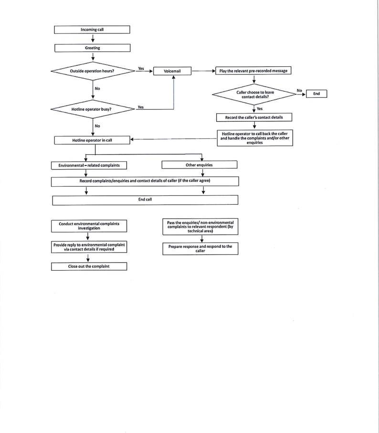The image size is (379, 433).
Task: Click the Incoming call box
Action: pyautogui.click(x=92, y=30)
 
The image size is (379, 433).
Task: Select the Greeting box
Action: pyautogui.click(x=92, y=48)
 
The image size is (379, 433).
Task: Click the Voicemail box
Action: pyautogui.click(x=172, y=71)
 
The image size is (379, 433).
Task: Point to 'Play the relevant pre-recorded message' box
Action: pyautogui.click(x=253, y=71)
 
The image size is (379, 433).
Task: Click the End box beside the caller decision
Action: pyautogui.click(x=316, y=94)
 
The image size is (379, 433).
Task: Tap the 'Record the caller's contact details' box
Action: pyautogui.click(x=253, y=117)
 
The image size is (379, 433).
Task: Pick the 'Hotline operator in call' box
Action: pyautogui.click(x=92, y=140)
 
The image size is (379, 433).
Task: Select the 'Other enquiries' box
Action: pyautogui.click(x=199, y=165)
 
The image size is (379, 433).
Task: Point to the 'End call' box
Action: pyautogui.click(x=145, y=200)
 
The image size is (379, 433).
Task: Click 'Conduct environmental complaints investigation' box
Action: pyautogui.click(x=89, y=226)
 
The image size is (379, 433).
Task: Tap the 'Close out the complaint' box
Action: pyautogui.click(x=89, y=266)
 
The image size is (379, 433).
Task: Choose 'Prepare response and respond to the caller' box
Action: pyautogui.click(x=200, y=248)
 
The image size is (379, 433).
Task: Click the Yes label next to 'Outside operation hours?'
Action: pyautogui.click(x=141, y=69)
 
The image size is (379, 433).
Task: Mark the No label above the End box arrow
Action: pyautogui.click(x=299, y=90)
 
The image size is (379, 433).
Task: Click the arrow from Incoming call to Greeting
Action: pyautogui.click(x=92, y=39)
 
